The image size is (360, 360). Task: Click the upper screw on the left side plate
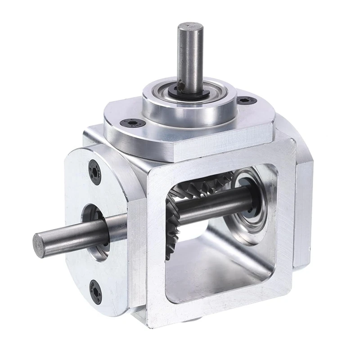(95, 172)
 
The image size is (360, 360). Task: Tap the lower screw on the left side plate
(95, 291)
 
